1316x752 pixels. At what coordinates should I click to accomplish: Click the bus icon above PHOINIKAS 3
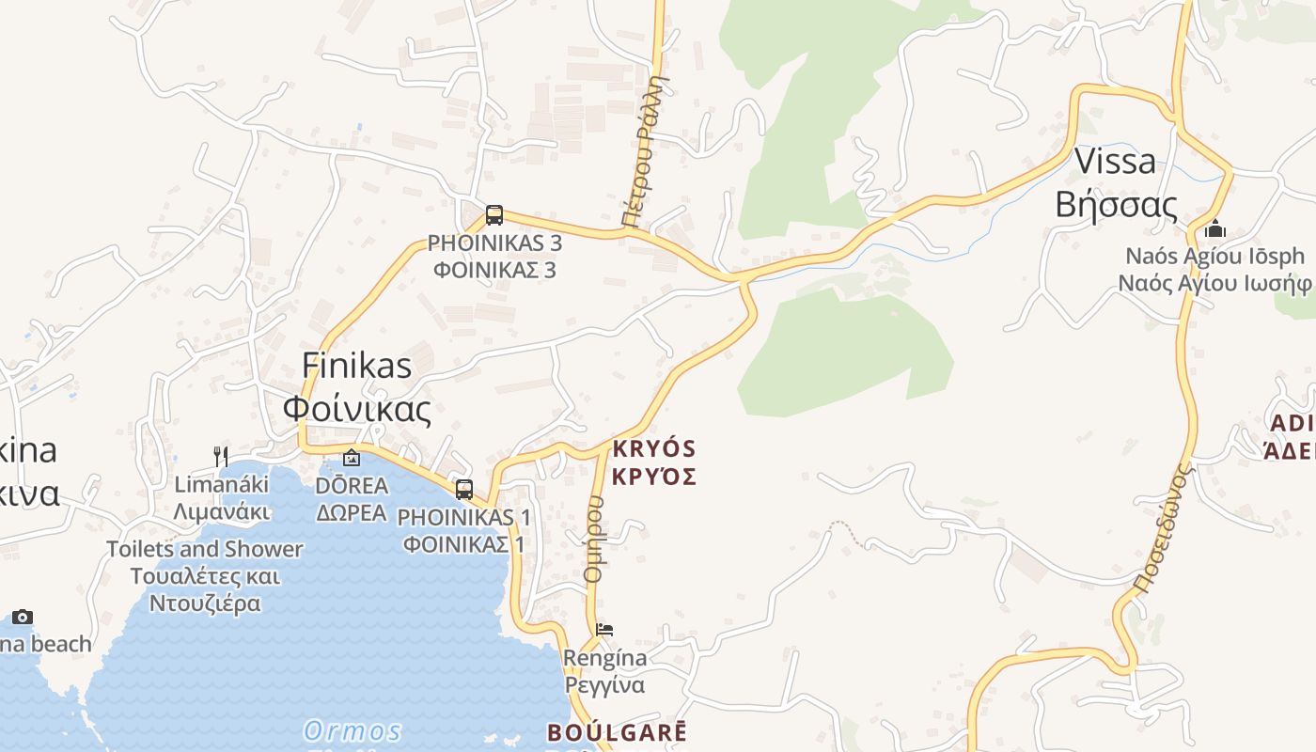pos(494,215)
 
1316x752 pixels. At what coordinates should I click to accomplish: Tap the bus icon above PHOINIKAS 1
pos(464,489)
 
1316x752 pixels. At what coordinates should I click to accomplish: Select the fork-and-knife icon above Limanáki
pos(221,457)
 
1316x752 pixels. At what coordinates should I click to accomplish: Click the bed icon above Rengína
pos(604,629)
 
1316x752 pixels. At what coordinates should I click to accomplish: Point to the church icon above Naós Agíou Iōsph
pos(1215,228)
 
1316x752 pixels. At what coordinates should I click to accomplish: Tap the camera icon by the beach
pos(23,618)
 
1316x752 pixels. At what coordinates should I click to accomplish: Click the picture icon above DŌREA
pos(352,458)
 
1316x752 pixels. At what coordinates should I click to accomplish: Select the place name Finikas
pos(356,365)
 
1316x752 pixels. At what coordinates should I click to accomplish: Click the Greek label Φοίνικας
pos(357,409)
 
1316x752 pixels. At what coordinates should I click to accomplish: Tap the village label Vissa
pos(1115,161)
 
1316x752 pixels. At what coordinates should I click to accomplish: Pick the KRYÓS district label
pos(654,448)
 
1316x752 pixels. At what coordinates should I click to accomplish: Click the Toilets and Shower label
pos(204,549)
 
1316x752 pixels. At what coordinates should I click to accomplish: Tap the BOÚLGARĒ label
pos(618,732)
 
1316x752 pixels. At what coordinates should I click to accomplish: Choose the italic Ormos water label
pos(352,730)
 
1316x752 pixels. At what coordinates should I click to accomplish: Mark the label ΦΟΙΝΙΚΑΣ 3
pos(494,270)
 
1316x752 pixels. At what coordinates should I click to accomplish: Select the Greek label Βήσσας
pos(1116,204)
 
